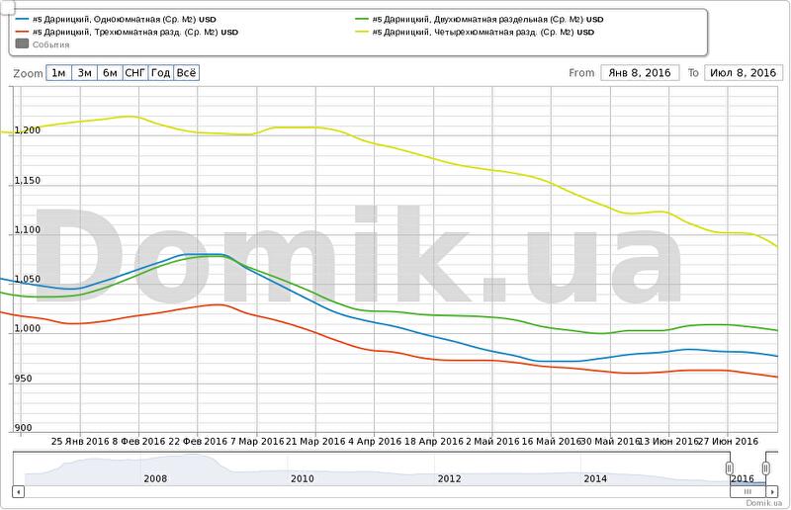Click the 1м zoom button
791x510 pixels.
point(59,73)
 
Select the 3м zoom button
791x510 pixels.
point(85,73)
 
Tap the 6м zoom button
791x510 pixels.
point(110,73)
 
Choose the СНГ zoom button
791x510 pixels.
point(135,73)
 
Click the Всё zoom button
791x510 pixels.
point(186,73)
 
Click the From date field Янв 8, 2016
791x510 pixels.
point(637,73)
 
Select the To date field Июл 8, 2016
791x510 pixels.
point(743,73)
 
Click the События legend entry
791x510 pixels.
point(50,44)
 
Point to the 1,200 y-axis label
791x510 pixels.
point(27,130)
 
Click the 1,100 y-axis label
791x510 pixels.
point(27,230)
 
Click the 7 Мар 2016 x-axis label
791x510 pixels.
point(255,441)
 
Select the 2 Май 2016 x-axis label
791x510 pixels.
point(493,441)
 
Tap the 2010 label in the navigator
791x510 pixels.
point(302,478)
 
